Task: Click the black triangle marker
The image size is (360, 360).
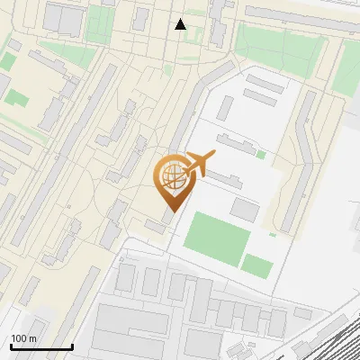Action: pos(181,24)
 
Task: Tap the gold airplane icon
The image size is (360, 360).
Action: pos(199,165)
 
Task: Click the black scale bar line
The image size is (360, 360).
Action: pos(41,347)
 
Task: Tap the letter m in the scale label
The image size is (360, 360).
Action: pos(33,339)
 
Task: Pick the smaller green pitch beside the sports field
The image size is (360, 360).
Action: pos(257,265)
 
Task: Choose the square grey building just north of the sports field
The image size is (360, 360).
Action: pos(245,209)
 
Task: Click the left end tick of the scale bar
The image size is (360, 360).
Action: pos(11,346)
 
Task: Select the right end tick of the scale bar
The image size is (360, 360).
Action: pos(72,346)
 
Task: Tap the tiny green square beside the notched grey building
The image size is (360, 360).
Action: pos(261,155)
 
